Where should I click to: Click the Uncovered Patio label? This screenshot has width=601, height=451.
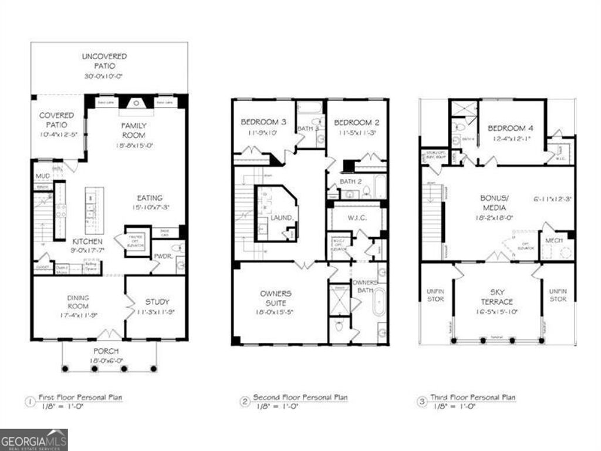point(104,61)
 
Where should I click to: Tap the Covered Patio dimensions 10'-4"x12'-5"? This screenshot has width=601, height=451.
point(58,134)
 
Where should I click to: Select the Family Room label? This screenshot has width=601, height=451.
point(134,130)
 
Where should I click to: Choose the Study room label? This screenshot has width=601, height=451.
point(157,302)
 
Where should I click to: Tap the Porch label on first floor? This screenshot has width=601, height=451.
point(110,351)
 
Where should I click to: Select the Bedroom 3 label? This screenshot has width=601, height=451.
point(264,122)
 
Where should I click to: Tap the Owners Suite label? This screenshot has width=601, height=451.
point(276,298)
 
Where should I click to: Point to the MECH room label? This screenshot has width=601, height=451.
point(553,241)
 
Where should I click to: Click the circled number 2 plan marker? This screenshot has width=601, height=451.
point(245,402)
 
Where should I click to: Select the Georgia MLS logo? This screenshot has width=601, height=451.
point(34,440)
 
